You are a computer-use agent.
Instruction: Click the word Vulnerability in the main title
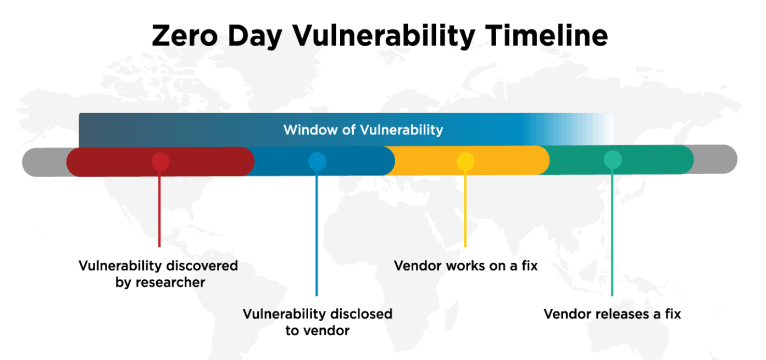tap(382, 36)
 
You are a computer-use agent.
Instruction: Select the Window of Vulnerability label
tap(363, 130)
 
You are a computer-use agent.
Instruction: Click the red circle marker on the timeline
tap(160, 161)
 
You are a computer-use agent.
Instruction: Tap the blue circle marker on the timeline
tap(317, 161)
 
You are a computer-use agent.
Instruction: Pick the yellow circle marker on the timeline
tap(465, 161)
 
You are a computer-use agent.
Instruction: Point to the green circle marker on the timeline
tap(613, 160)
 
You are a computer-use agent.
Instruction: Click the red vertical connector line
tap(159, 209)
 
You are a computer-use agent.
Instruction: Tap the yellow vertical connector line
tap(465, 209)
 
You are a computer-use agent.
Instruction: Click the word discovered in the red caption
tap(203, 266)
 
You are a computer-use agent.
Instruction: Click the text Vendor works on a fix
tap(465, 266)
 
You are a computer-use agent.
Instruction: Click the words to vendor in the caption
tap(317, 331)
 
